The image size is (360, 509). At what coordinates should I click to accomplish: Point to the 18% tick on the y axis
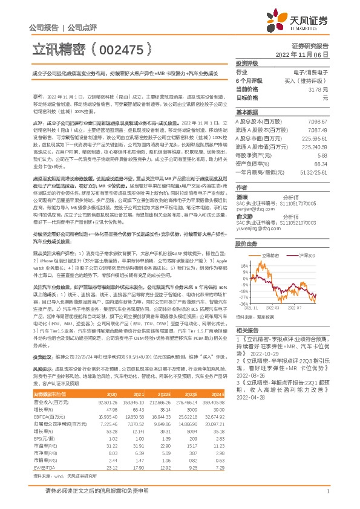(x=244, y=264)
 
